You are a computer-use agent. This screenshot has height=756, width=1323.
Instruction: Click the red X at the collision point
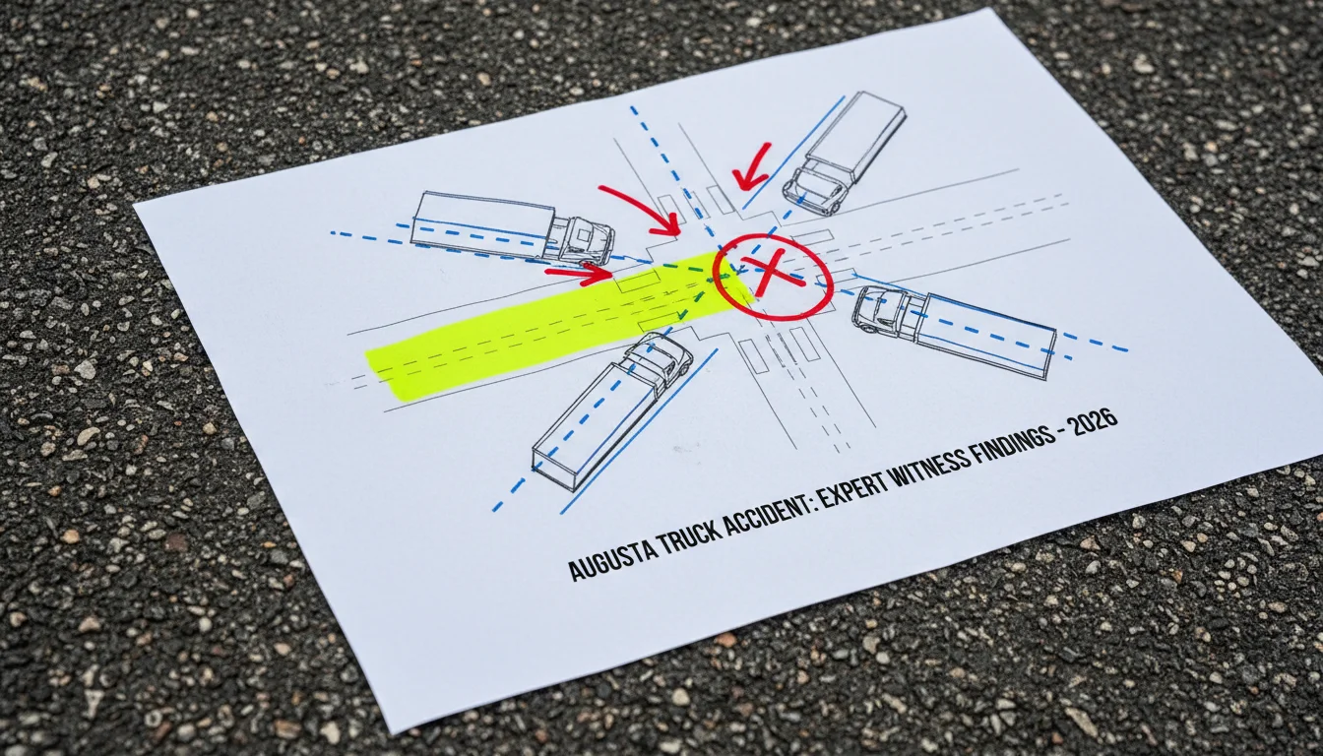coord(772,272)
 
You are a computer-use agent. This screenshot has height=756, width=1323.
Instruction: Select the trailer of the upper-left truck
coord(483,223)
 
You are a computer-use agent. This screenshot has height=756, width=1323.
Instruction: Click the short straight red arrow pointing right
coord(580,273)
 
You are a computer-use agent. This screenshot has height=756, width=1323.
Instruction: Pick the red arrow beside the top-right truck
coord(750,167)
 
